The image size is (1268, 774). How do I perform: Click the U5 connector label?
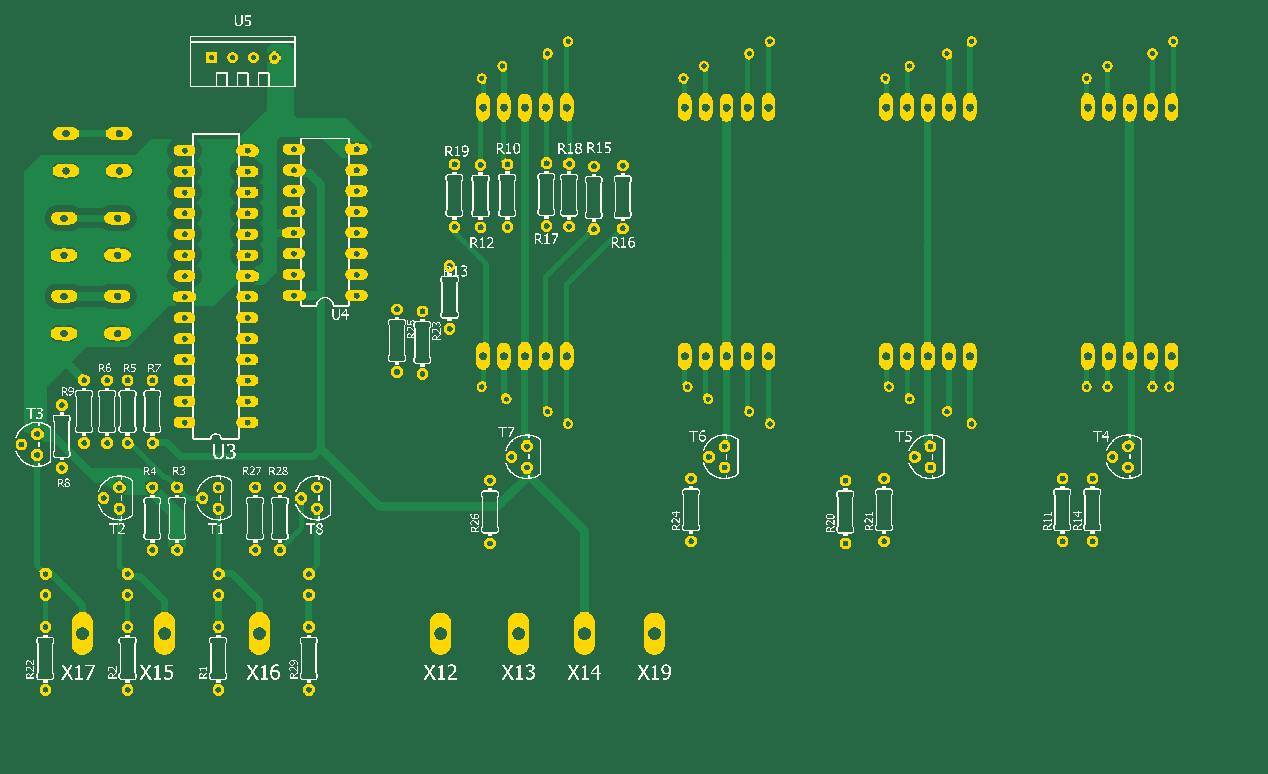point(243,21)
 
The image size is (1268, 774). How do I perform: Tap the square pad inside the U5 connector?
point(212,58)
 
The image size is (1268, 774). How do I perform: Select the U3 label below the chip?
point(224,452)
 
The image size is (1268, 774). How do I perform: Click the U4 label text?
point(340,314)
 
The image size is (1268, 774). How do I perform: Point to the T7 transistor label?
point(506,432)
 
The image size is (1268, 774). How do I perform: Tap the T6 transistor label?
point(697,436)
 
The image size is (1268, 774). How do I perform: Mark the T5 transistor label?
point(903,436)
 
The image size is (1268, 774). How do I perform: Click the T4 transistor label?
point(1101,436)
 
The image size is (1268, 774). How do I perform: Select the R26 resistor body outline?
point(490,512)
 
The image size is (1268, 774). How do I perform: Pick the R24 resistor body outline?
point(691,509)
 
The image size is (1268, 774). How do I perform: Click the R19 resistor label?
point(456,151)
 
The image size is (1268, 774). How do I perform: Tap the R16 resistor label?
point(623,243)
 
